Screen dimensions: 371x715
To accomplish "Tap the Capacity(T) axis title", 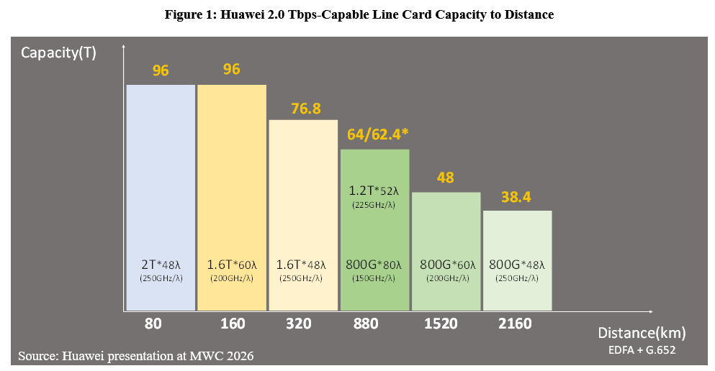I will (x=58, y=52).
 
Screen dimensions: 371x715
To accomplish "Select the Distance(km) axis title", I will (x=642, y=334).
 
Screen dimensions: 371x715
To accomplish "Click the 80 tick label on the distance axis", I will (x=153, y=324).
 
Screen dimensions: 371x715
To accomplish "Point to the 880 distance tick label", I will (x=366, y=324).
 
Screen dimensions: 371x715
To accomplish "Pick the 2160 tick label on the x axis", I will (x=514, y=324).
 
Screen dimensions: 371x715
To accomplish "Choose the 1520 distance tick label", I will (x=441, y=324).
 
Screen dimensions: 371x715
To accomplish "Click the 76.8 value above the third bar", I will (x=305, y=109).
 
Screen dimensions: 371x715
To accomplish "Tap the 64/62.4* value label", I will (x=375, y=137).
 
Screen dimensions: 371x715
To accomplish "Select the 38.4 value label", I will (x=516, y=196).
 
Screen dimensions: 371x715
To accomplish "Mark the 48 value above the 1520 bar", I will (x=445, y=177).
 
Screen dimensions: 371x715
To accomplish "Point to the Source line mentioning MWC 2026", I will (x=136, y=355).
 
